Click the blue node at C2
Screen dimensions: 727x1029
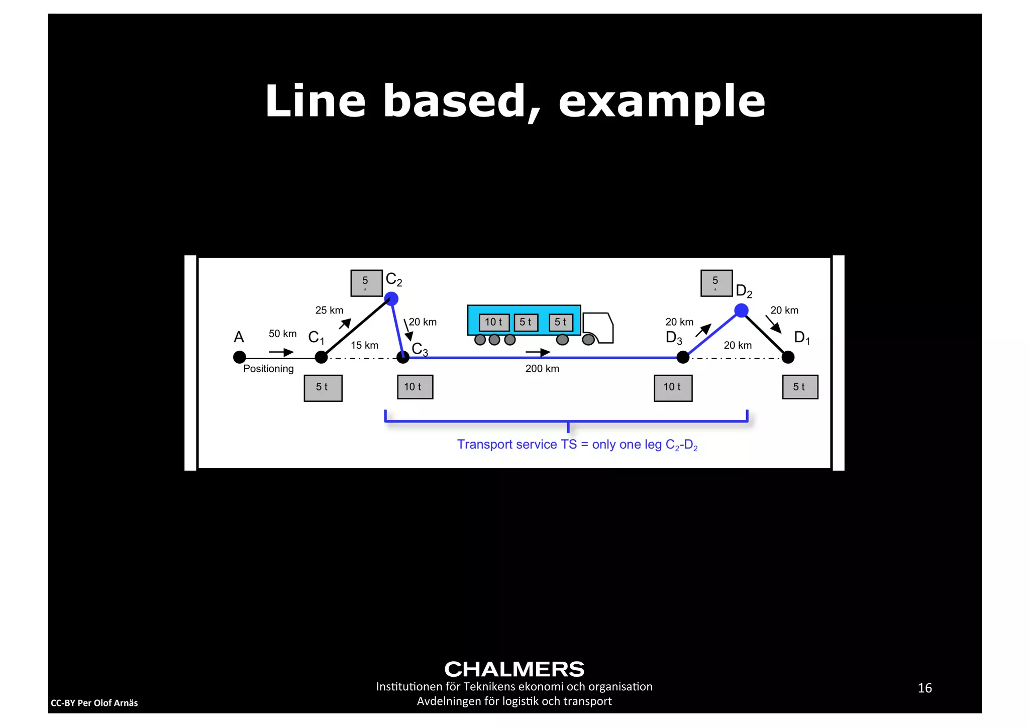pyautogui.click(x=391, y=299)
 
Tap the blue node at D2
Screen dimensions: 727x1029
pyautogui.click(x=741, y=310)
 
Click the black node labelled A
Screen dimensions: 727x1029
pyautogui.click(x=240, y=357)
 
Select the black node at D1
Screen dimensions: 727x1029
pyautogui.click(x=788, y=357)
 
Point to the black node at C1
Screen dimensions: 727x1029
pyautogui.click(x=321, y=357)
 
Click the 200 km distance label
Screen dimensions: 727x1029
pyautogui.click(x=542, y=369)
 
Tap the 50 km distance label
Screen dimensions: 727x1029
pyautogui.click(x=282, y=334)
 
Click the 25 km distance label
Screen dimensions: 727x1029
pyautogui.click(x=329, y=310)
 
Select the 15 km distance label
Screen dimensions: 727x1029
pyautogui.click(x=364, y=345)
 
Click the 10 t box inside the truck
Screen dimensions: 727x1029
pyautogui.click(x=494, y=322)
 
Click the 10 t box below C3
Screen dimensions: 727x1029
pyautogui.click(x=415, y=387)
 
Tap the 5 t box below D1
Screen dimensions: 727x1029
pyautogui.click(x=800, y=387)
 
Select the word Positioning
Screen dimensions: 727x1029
pyautogui.click(x=268, y=369)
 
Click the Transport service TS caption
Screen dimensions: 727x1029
pyautogui.click(x=577, y=445)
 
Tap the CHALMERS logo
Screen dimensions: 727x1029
pyautogui.click(x=514, y=669)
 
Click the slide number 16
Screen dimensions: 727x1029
pyautogui.click(x=924, y=688)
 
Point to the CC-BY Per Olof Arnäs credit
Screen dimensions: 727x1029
pyautogui.click(x=94, y=703)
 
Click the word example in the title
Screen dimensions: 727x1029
pyautogui.click(x=662, y=101)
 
